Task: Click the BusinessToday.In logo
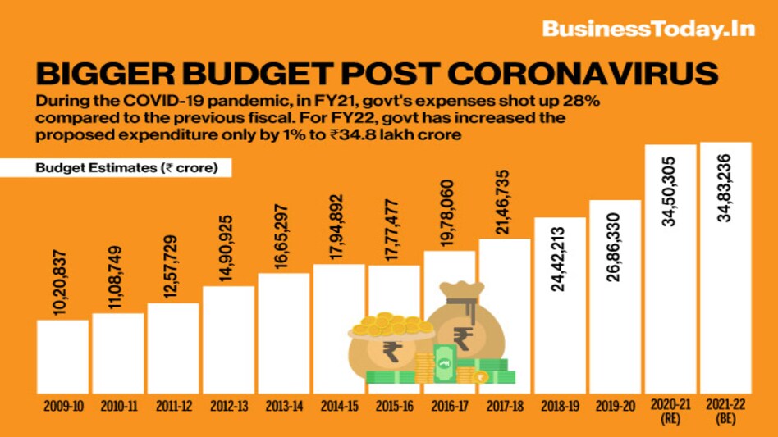tap(648, 30)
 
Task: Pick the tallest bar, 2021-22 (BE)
tap(725, 271)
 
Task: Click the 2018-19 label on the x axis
tap(561, 405)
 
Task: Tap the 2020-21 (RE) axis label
tap(670, 411)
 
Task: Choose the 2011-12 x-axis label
tap(173, 405)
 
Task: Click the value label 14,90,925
tap(228, 250)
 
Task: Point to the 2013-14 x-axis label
tap(283, 405)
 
